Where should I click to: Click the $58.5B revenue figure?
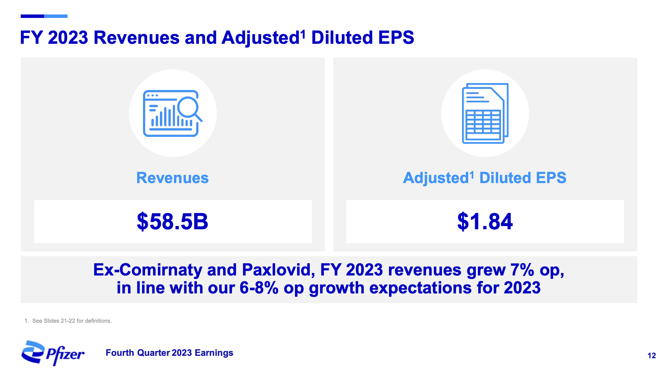[x=172, y=221]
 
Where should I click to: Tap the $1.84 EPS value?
[x=485, y=221]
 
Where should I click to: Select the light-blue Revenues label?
[x=172, y=178]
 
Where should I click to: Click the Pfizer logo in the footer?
[x=53, y=353]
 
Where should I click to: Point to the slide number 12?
[x=651, y=355]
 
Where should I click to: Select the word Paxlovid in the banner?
[x=278, y=270]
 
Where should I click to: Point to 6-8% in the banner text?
[x=259, y=288]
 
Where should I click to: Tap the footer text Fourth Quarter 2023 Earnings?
[x=169, y=353]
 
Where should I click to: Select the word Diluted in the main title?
[x=342, y=37]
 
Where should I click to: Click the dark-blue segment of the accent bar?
[x=32, y=16]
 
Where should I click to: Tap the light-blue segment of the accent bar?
[x=56, y=16]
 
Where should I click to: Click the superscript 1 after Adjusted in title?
[x=303, y=33]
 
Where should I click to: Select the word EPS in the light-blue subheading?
[x=551, y=178]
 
